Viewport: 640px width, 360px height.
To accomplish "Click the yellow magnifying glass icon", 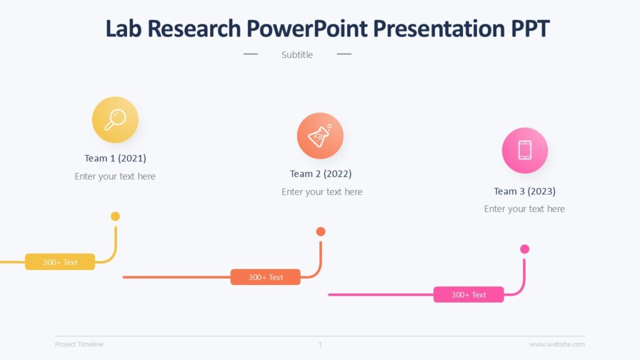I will [x=115, y=119].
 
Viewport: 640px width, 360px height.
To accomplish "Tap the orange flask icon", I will [x=320, y=136].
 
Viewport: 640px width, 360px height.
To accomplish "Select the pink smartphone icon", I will [x=524, y=150].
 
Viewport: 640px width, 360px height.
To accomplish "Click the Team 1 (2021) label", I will [x=115, y=158].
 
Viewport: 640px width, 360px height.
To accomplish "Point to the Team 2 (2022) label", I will [x=321, y=174].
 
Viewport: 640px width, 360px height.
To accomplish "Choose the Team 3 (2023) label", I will [x=524, y=191].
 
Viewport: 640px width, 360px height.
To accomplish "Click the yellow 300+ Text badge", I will [x=60, y=262].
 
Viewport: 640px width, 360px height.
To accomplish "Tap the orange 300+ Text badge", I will [x=266, y=277].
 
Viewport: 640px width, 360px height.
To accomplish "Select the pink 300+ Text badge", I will [x=469, y=294].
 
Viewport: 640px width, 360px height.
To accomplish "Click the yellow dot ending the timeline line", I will [x=115, y=216].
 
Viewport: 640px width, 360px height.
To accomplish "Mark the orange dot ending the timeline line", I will [x=321, y=232].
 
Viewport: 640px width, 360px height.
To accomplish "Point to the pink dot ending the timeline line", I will [x=524, y=249].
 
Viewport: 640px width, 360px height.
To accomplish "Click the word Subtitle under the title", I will [x=297, y=55].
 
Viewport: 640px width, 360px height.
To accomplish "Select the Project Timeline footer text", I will [x=79, y=344].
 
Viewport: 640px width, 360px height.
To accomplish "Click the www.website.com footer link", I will [x=557, y=344].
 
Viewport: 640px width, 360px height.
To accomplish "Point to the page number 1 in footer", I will [x=320, y=344].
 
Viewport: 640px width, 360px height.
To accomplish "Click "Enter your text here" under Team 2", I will [x=322, y=192].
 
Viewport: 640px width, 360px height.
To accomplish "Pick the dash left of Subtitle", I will [x=251, y=54].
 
